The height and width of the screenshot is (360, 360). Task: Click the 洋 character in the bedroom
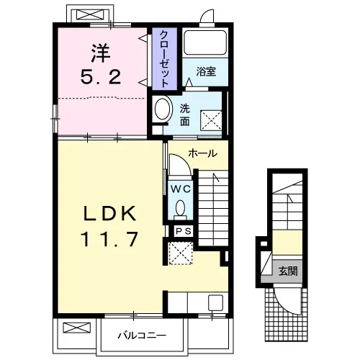tap(101, 53)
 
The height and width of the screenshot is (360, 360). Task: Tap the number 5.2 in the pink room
tap(101, 77)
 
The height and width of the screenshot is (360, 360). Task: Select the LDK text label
tap(110, 213)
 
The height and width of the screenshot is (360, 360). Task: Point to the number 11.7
tap(110, 239)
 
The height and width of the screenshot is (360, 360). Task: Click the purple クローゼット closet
tap(165, 59)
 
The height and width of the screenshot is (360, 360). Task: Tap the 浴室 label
tap(206, 71)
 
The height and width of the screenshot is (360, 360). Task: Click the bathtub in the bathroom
tap(205, 42)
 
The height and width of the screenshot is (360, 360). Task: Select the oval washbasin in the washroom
tap(163, 109)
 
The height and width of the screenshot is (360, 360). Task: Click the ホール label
tap(203, 153)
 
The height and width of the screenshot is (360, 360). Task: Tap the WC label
tap(181, 189)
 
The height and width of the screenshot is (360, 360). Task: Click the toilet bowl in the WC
tap(180, 208)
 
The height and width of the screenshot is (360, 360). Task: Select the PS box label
tap(184, 231)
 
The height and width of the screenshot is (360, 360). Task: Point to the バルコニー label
tap(142, 336)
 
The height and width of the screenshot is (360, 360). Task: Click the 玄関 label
tap(288, 271)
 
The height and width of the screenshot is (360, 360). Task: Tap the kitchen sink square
tap(215, 302)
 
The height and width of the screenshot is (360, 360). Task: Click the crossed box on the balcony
tap(77, 328)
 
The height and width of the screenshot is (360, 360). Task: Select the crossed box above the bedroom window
tap(90, 14)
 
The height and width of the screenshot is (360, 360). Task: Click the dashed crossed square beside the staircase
tap(181, 253)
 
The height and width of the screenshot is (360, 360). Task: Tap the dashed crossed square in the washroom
tap(211, 120)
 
